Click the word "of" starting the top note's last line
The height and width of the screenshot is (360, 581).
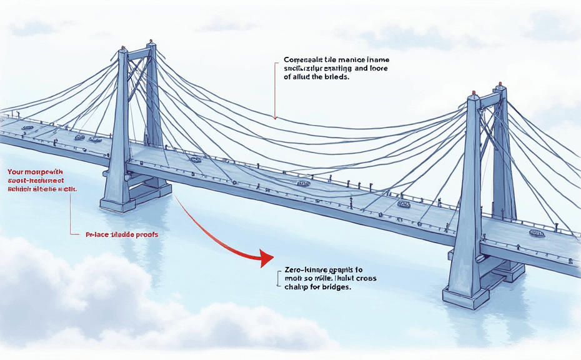point(288,78)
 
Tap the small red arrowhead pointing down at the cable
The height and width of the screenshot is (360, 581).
point(275,115)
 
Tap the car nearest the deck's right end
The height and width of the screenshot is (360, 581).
point(537,233)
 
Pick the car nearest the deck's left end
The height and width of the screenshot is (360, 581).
point(27,127)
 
